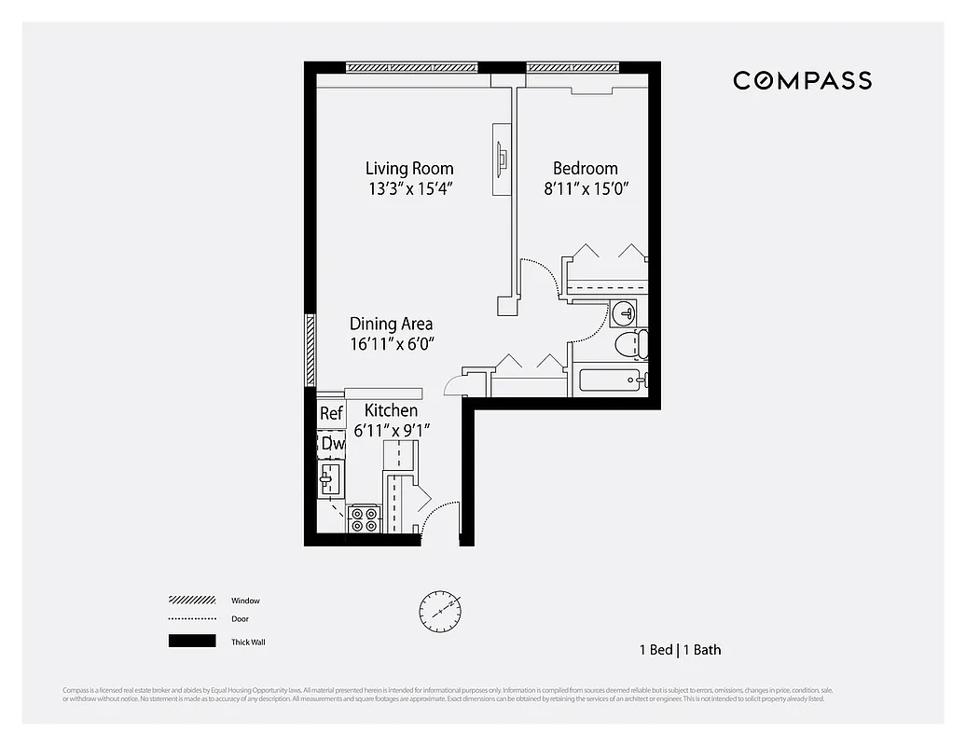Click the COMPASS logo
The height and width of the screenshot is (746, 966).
(802, 80)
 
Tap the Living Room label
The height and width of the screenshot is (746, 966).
(409, 169)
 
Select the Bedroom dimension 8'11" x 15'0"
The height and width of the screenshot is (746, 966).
(586, 188)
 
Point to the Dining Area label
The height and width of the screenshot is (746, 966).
(391, 324)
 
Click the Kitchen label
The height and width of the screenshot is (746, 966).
(391, 410)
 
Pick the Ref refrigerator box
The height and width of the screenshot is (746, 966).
(331, 413)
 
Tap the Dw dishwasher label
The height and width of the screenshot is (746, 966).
(333, 444)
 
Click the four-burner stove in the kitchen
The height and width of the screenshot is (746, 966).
(363, 519)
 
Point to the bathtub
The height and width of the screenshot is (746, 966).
(612, 380)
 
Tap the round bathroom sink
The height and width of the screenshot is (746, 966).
(625, 312)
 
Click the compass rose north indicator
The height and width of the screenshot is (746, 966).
(439, 611)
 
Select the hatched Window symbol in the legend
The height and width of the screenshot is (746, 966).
(191, 601)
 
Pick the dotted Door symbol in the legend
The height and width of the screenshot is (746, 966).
(191, 619)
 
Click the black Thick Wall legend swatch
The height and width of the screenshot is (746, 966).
(191, 641)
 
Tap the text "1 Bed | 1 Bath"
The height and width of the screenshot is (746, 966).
(680, 650)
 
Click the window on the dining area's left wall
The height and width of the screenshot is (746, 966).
(310, 351)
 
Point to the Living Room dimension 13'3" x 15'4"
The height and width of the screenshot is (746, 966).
(410, 188)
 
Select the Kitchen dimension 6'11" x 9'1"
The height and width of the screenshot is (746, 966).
(392, 430)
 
